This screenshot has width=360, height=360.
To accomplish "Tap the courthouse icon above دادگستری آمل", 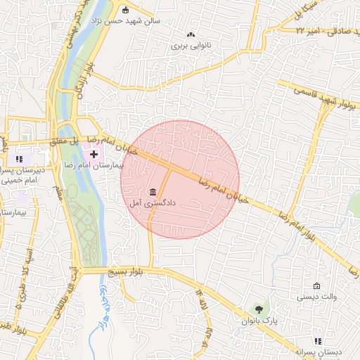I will point(153,192).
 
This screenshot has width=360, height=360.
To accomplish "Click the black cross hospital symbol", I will point(94,153).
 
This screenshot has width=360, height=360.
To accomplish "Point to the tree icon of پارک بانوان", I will point(260,309).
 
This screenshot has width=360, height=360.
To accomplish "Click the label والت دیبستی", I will point(316,297).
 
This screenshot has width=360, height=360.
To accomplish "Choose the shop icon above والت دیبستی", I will point(317,286).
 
